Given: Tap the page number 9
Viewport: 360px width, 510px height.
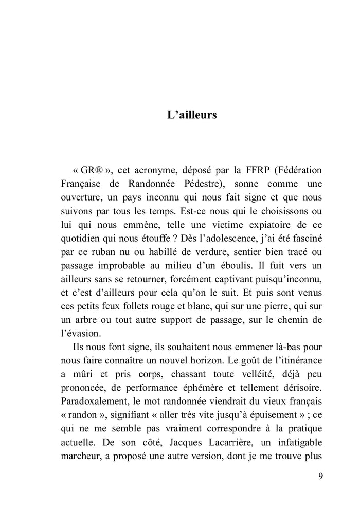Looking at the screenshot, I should point(321,476).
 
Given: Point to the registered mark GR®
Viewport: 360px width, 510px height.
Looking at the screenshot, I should point(93,170).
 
